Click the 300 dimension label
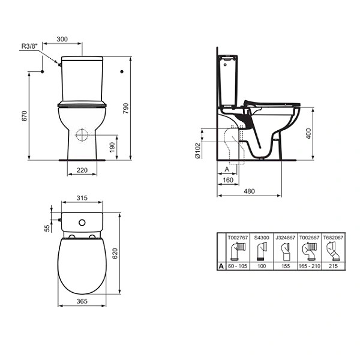click(62, 39)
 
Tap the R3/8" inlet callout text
click(29, 46)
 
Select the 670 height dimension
click(25, 116)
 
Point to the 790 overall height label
click(126, 109)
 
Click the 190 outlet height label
click(112, 148)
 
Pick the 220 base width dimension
click(82, 170)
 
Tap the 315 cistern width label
click(82, 198)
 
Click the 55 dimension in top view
click(47, 228)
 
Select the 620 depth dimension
click(115, 253)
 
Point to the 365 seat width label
click(82, 301)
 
